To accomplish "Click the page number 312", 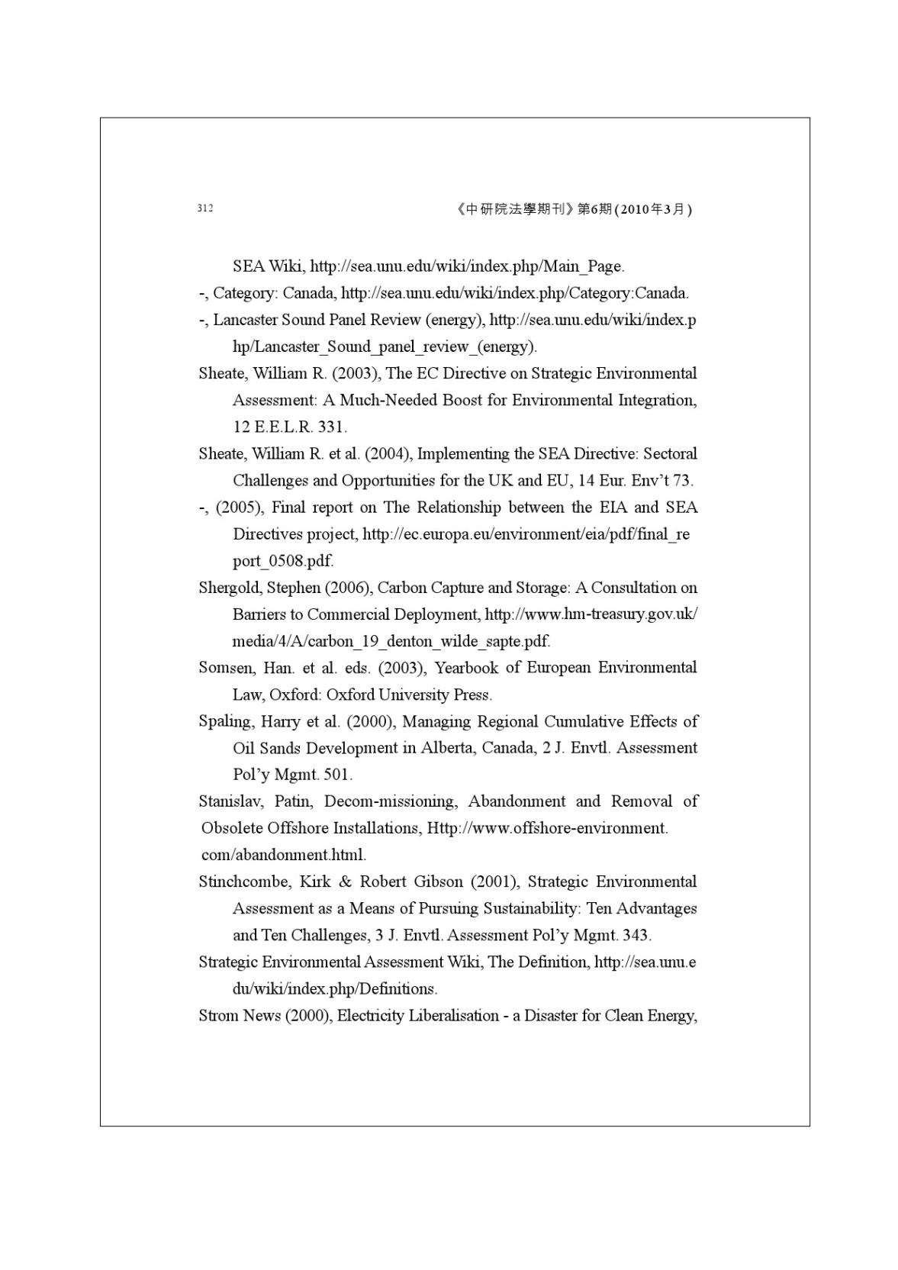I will click(204, 208).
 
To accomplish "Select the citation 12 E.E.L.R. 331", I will click(289, 427).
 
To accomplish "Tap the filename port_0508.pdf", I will click(282, 561).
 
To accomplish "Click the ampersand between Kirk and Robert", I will click(345, 882).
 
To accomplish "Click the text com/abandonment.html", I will click(283, 855).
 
